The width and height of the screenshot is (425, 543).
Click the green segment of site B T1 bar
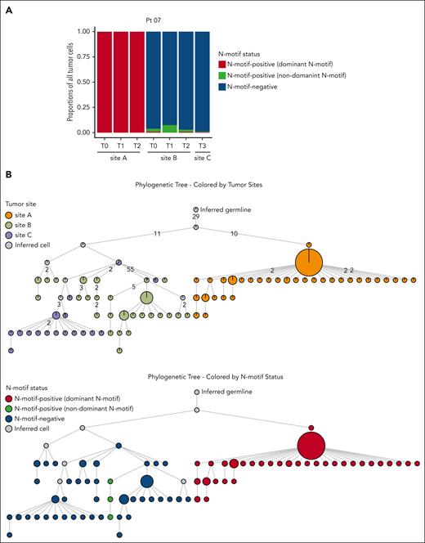[x=169, y=128]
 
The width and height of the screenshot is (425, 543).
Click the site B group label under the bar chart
[x=169, y=157]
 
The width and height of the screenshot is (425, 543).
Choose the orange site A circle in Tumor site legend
[x=10, y=215]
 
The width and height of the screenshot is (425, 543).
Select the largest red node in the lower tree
[x=311, y=446]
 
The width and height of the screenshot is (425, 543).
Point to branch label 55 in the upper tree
[x=130, y=268]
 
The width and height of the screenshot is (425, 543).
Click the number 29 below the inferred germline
[x=196, y=218]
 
